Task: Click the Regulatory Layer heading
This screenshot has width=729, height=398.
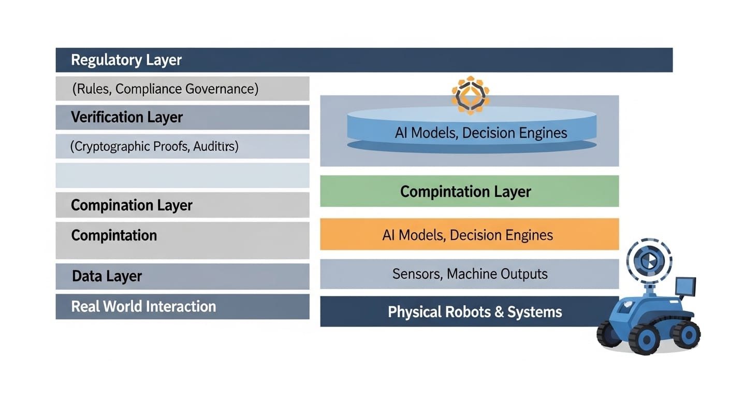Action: pos(126,60)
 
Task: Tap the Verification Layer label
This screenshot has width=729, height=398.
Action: pos(127,117)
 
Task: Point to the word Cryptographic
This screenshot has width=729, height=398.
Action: pos(111,147)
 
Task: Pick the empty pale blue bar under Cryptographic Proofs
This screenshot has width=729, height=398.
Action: pos(182,175)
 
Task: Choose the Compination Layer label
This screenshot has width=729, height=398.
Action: pos(132,205)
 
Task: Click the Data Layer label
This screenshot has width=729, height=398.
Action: pos(107,276)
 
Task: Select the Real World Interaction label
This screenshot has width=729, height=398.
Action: pos(143,306)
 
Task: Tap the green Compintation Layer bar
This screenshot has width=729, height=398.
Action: pos(469,191)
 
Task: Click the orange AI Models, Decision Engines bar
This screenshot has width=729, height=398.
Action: pos(469,235)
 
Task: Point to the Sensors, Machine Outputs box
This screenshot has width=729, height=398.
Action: pos(469,274)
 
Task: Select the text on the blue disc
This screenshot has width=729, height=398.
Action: pos(480,133)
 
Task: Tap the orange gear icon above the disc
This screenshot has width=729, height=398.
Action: pos(470,95)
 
